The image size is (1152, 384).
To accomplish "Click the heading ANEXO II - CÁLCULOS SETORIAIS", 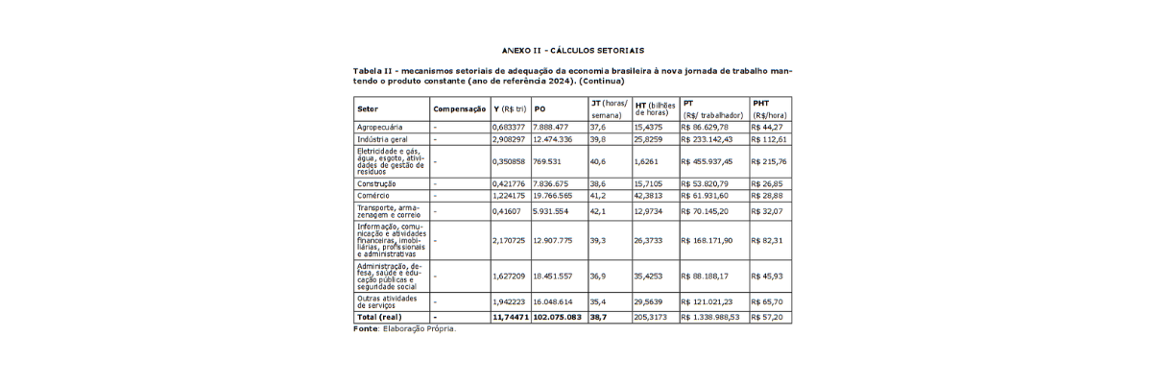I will tap(572, 49).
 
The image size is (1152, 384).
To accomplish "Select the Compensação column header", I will tap(459, 108).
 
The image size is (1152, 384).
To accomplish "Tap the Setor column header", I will tap(367, 108).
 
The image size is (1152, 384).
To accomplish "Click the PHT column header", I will tap(760, 102).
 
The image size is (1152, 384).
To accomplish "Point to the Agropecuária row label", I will tap(379, 127).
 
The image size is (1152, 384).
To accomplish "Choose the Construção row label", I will tap(377, 183).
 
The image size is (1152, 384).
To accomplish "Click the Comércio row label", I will tap(373, 195).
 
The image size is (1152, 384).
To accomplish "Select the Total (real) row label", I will tap(379, 316).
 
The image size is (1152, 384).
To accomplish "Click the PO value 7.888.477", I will tap(551, 127).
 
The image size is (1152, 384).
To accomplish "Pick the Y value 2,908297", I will tap(509, 139).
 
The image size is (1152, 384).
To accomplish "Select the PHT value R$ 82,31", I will tap(768, 240).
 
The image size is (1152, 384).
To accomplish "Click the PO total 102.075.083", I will tap(558, 316).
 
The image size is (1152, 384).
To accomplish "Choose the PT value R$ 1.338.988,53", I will tap(710, 316).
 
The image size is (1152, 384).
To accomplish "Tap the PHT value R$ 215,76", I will tap(770, 161).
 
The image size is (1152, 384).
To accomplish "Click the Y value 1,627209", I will tap(509, 276).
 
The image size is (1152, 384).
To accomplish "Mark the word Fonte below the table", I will tap(365, 328).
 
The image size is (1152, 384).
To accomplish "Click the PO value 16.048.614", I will tap(553, 300).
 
